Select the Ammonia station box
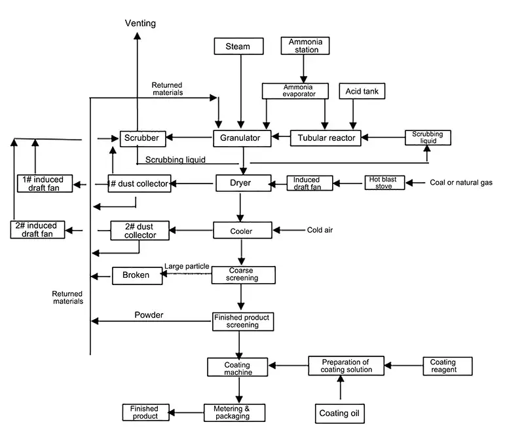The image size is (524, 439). [305, 45]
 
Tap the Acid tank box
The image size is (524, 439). [362, 92]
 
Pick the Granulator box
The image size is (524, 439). [241, 138]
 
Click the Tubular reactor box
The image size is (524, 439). [326, 138]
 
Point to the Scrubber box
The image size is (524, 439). [139, 138]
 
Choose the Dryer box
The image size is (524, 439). [243, 183]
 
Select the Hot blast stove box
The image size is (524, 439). [384, 183]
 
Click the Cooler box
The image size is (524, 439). [242, 231]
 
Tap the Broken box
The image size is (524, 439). [136, 275]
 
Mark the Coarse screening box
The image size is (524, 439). [243, 275]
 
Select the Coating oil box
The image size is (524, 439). [340, 413]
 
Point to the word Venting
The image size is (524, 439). [140, 24]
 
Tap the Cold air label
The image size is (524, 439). [320, 230]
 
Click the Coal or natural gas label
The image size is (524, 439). [460, 183]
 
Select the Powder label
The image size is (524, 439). [149, 315]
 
